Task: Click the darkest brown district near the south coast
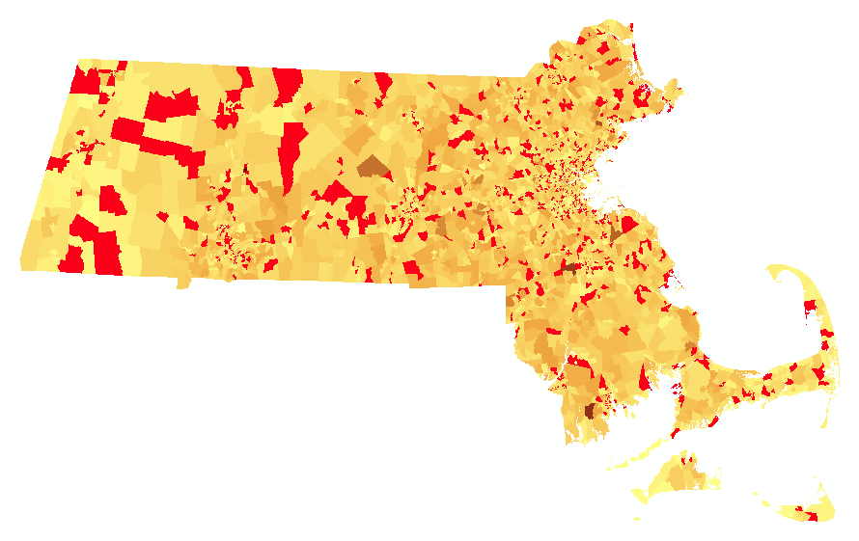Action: point(591,409)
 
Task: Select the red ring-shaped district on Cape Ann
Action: point(642,95)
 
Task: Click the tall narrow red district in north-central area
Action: point(289,154)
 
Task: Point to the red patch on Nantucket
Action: point(810,517)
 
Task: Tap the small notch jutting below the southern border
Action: point(181,283)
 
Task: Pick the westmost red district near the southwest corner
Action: point(69,260)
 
